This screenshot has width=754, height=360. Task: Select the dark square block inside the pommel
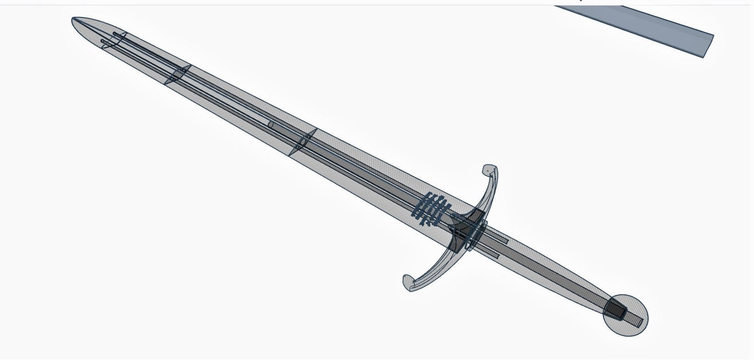pyautogui.click(x=615, y=309)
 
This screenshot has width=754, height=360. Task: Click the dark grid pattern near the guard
pyautogui.click(x=432, y=210)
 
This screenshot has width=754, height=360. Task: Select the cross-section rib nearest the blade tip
pyautogui.click(x=115, y=40)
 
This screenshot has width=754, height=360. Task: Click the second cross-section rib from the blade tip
pyautogui.click(x=178, y=75)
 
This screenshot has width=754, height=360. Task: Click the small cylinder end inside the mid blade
pyautogui.click(x=271, y=124)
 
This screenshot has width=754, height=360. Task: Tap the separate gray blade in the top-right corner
pyautogui.click(x=643, y=28)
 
